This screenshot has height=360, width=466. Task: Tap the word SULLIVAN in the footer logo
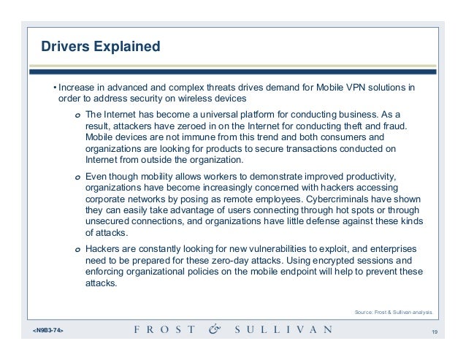282,330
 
